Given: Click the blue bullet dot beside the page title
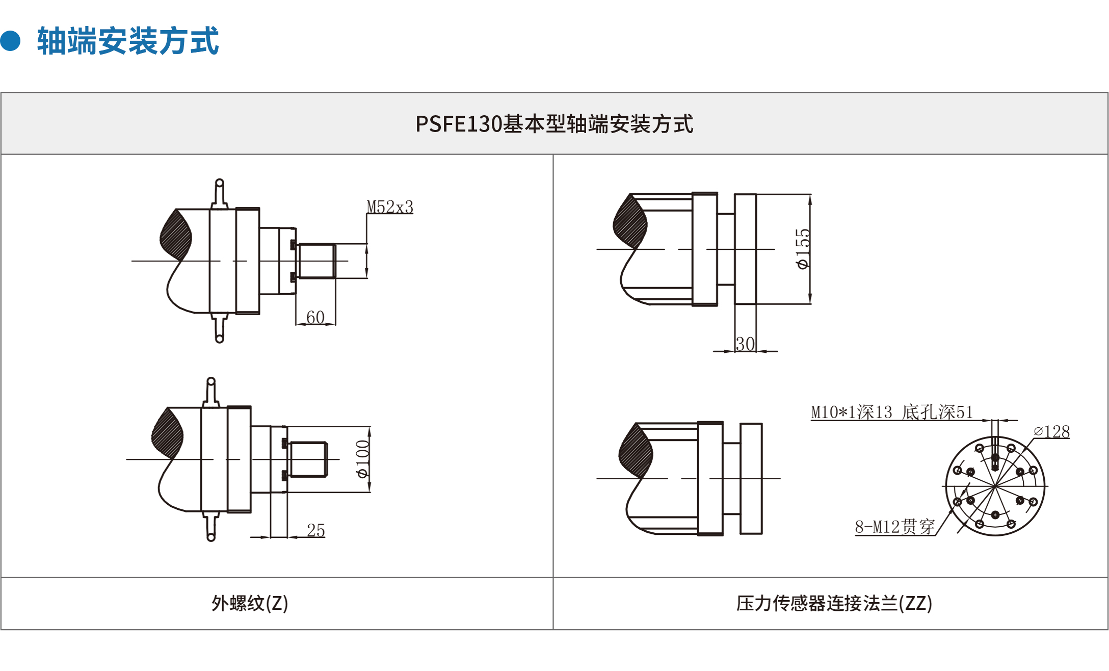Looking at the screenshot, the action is (x=10, y=41).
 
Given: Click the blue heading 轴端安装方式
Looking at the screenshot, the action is (x=128, y=41).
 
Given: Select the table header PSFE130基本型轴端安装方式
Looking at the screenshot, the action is (x=554, y=124).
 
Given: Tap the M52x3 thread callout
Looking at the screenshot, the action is (x=390, y=207).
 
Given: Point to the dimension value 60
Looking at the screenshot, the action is (x=315, y=317).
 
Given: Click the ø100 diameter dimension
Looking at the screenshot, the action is (x=362, y=459).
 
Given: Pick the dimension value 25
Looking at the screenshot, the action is (x=316, y=530).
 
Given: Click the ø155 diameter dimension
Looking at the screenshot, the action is (x=803, y=249).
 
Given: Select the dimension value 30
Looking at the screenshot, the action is (x=745, y=344).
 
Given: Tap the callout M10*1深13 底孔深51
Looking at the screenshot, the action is (x=892, y=412).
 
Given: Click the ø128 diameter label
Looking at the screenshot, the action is (x=1051, y=432).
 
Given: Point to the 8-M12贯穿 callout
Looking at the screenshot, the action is (x=895, y=527).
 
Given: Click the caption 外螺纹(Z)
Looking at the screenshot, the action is (x=250, y=603).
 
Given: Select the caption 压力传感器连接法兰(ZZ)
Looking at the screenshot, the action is (x=834, y=603).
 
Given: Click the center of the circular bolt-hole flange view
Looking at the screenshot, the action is (x=995, y=486).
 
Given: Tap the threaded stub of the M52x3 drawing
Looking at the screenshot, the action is (x=316, y=261).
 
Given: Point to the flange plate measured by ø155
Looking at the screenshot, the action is (x=745, y=249).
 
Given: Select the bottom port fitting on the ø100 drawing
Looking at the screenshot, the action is (x=211, y=527).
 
